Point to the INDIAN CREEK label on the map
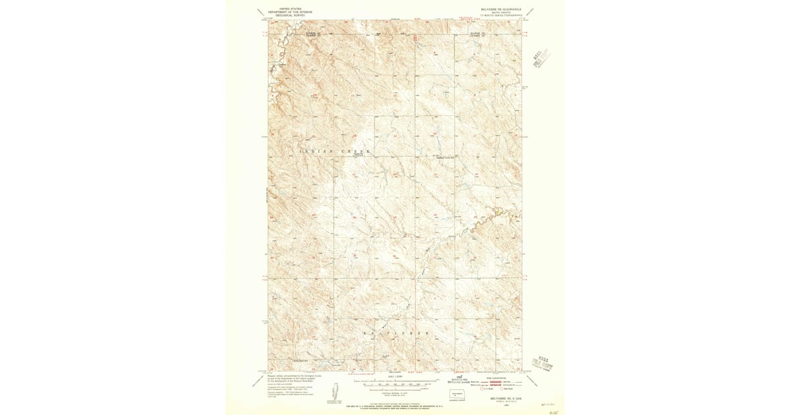coord(336,152)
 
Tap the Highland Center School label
coord(447,157)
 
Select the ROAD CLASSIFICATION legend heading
coord(498,378)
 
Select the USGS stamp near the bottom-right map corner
coord(543,361)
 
